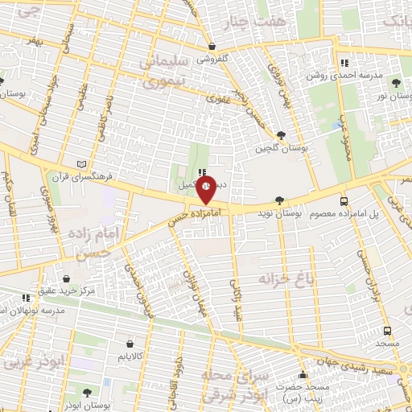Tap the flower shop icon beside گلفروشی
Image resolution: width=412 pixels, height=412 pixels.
tap(212, 46)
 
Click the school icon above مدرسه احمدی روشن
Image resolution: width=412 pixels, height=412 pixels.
tap(344, 63)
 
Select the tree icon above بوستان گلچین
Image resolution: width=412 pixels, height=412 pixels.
tap(280, 135)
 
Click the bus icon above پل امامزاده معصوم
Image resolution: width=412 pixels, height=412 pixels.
tap(344, 201)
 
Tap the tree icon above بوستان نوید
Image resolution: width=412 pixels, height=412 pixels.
tap(279, 200)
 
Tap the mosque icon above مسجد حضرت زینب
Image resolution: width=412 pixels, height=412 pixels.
tap(303, 374)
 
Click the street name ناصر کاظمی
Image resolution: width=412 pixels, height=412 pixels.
tap(105, 116)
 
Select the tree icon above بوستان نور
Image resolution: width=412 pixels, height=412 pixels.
tap(395, 82)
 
